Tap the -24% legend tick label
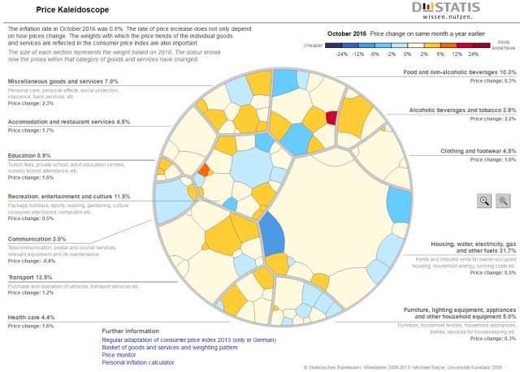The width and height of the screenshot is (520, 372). (x=341, y=53)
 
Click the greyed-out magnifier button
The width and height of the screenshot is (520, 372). (x=503, y=201)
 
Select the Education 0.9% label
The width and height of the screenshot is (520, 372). (x=28, y=155)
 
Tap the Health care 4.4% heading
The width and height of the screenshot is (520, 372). (x=30, y=317)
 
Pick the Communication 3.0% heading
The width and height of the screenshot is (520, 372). (x=37, y=239)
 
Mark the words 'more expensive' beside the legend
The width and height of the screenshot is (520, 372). (x=503, y=44)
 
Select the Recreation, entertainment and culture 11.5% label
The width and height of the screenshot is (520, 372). (x=69, y=197)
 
